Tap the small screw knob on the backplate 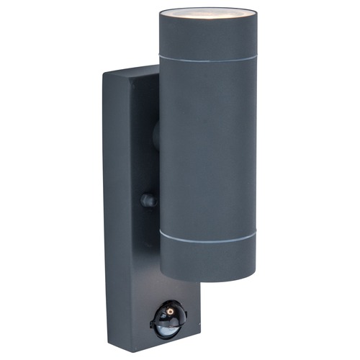pos(148,200)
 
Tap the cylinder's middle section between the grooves pos(207,144)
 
